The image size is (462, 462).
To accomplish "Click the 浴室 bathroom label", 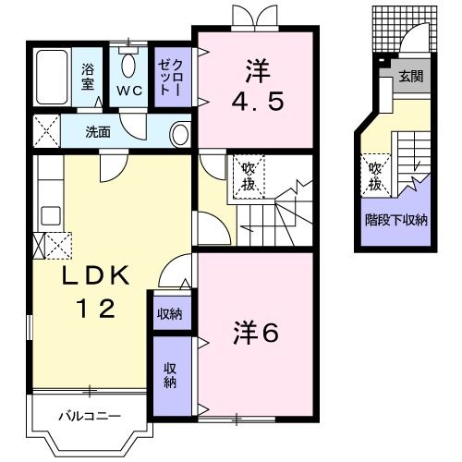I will [x=89, y=77].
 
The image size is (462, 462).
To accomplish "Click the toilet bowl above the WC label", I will [x=129, y=66].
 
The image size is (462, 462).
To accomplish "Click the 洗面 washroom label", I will [x=98, y=132].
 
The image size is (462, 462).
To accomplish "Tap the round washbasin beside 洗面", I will [x=179, y=134].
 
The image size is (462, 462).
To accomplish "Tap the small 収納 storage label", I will [x=168, y=314].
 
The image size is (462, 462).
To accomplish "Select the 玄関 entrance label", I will [x=412, y=77].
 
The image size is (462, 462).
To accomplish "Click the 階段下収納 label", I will [x=395, y=219].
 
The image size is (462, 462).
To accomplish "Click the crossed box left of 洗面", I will [x=43, y=131].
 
